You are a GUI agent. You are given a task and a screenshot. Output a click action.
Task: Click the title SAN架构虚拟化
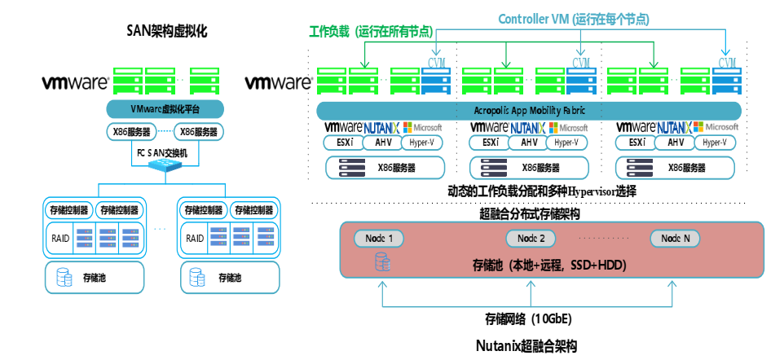167,32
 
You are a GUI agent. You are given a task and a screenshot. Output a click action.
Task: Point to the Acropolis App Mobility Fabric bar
528,110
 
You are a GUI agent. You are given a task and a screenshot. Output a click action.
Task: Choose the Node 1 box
379,239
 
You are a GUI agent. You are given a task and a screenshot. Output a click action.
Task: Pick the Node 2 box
531,239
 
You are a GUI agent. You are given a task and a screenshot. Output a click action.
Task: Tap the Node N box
675,239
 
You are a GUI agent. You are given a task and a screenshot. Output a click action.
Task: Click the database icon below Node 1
381,261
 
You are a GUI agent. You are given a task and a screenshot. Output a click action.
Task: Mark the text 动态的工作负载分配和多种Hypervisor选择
528,191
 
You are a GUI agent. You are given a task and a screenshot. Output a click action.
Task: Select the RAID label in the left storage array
58,238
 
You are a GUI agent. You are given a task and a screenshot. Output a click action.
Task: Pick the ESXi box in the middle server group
490,143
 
